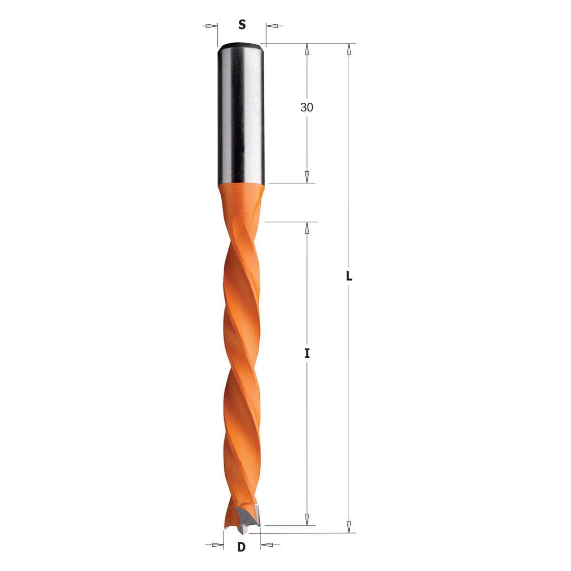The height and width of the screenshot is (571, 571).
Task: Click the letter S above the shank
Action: click(242, 25)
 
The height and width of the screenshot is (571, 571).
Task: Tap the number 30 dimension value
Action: click(307, 107)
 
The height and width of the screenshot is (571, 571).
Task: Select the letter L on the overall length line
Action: click(349, 276)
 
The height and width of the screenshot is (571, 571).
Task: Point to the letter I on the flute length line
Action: click(307, 353)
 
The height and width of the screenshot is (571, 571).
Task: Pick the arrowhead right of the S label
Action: click(272, 26)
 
